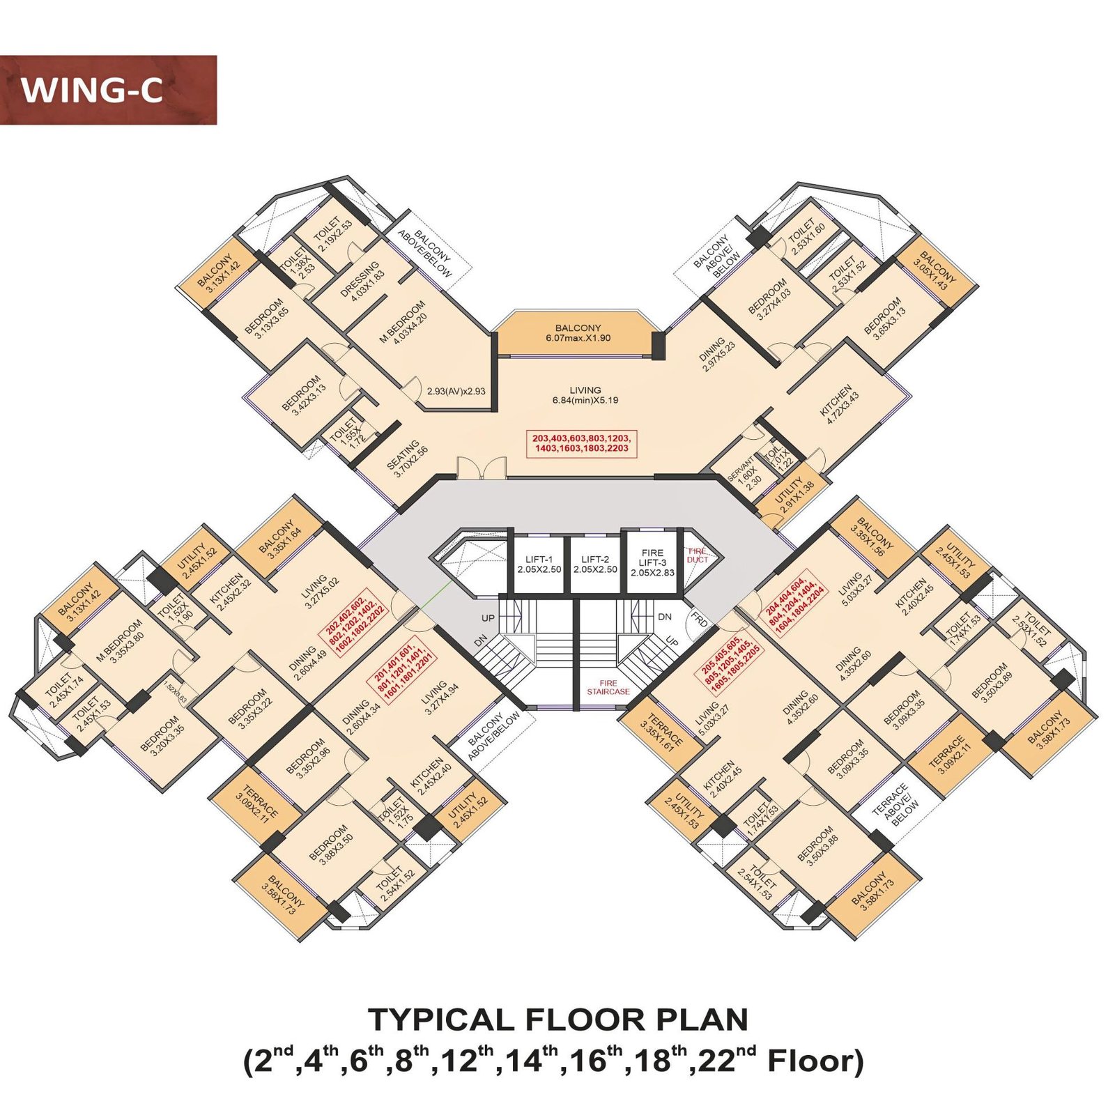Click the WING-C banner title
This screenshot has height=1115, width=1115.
[x=92, y=91]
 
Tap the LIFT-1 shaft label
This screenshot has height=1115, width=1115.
[x=539, y=564]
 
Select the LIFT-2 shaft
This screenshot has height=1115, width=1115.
[x=595, y=564]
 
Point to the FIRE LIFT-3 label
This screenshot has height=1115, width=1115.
[x=652, y=562]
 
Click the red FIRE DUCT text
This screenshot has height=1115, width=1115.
[x=698, y=555]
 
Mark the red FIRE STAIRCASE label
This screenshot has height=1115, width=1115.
[x=608, y=687]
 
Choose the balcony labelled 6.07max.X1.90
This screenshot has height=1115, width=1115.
[x=578, y=333]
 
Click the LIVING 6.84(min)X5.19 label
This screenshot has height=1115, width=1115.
[x=585, y=395]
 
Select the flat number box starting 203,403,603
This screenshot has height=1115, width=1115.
[x=581, y=443]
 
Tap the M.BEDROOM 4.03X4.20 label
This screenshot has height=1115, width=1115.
[x=403, y=323]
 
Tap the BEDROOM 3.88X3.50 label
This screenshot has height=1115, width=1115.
[x=332, y=845]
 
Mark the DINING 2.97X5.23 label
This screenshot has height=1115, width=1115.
[x=716, y=353]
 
